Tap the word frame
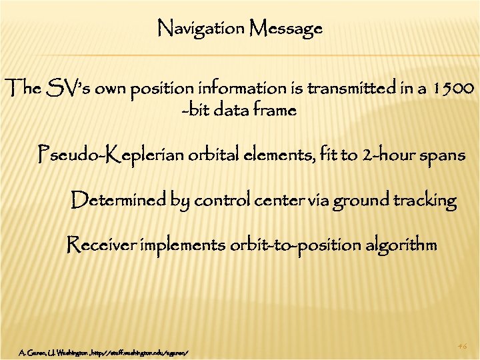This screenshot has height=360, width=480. click(273, 110)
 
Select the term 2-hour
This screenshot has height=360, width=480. click(381, 155)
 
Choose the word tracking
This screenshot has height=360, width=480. click(421, 199)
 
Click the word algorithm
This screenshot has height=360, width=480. click(400, 245)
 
